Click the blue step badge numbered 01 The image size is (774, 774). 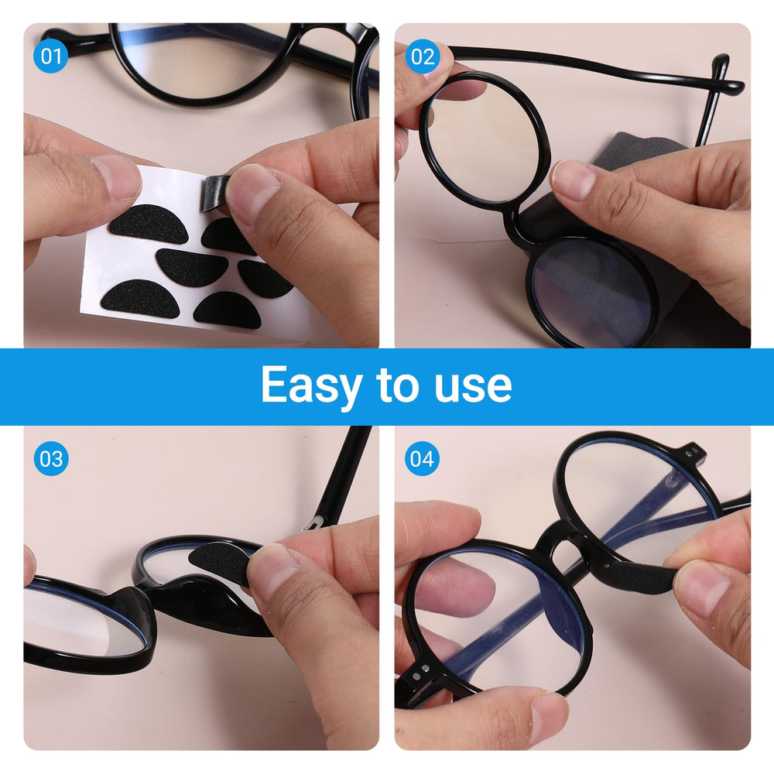pyautogui.click(x=51, y=57)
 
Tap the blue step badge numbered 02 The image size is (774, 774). pyautogui.click(x=422, y=57)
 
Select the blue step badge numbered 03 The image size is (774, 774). pyautogui.click(x=51, y=459)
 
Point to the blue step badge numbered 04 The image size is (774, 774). pyautogui.click(x=422, y=459)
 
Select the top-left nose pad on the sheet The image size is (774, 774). pyautogui.click(x=148, y=224)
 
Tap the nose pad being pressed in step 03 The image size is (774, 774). pyautogui.click(x=221, y=561)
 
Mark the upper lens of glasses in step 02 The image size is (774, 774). pyautogui.click(x=484, y=139)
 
